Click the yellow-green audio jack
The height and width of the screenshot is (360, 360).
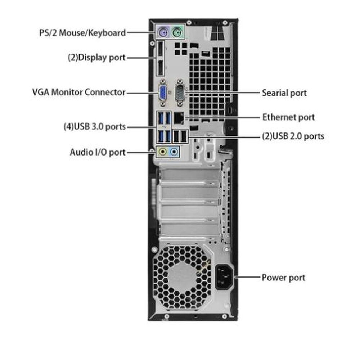click(163, 152)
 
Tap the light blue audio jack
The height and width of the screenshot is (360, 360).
click(175, 152)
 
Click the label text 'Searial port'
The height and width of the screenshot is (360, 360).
click(284, 93)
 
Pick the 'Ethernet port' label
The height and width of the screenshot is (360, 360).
click(288, 117)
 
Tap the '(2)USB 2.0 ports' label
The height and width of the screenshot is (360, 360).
click(293, 136)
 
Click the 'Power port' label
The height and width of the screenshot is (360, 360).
click(283, 278)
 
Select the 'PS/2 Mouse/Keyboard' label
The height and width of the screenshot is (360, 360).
click(82, 33)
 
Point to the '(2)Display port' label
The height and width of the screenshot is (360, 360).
click(96, 57)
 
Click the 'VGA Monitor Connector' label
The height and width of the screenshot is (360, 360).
click(79, 92)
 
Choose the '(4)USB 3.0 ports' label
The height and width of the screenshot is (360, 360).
click(94, 127)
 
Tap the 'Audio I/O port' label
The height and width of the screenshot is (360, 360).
click(98, 152)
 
